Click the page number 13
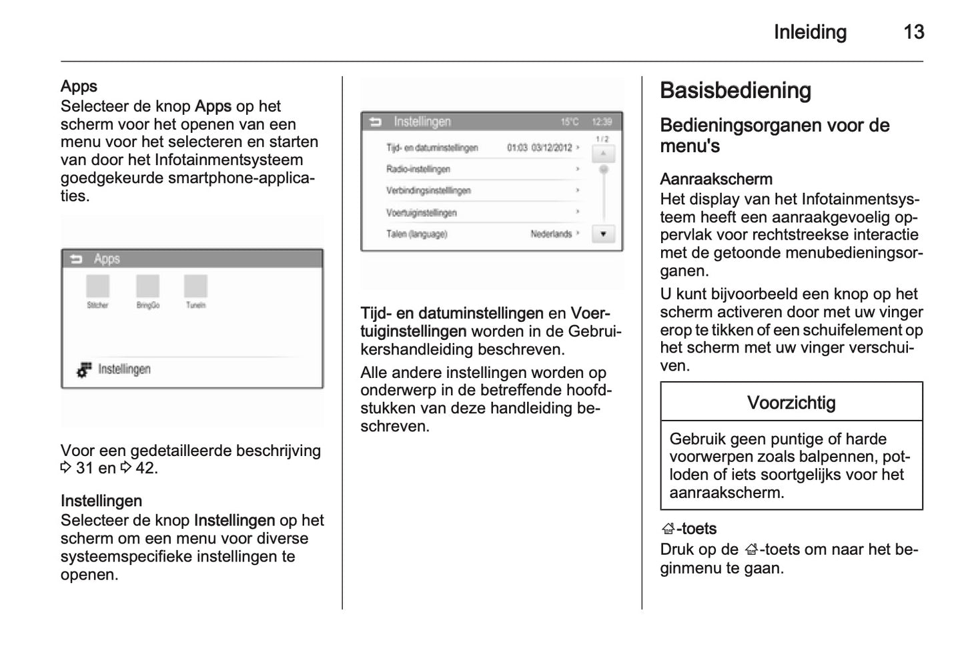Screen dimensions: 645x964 tap(913, 32)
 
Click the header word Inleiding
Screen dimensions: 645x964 tap(810, 32)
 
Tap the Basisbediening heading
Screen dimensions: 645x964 tap(735, 91)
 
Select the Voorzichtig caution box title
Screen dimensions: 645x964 tap(791, 403)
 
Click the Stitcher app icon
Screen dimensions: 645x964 tap(97, 286)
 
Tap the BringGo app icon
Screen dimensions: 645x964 tap(147, 286)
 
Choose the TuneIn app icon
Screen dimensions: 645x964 tap(195, 286)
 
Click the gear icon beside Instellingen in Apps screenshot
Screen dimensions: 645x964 tap(84, 369)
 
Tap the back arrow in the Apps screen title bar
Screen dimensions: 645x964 tap(76, 259)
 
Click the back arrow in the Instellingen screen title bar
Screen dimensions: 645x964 tap(376, 122)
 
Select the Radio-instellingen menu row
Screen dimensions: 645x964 tap(418, 170)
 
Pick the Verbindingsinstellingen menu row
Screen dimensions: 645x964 tap(428, 191)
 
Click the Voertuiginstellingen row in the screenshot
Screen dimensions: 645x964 tap(422, 213)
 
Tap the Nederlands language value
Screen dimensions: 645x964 tap(551, 234)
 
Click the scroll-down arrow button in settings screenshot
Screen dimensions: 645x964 tap(603, 234)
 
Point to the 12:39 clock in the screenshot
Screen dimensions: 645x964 tap(601, 122)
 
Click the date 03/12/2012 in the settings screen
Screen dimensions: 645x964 tap(552, 148)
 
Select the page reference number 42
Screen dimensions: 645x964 tap(145, 468)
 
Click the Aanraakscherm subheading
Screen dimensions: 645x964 tap(716, 179)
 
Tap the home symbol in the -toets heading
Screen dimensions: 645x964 tap(668, 529)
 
